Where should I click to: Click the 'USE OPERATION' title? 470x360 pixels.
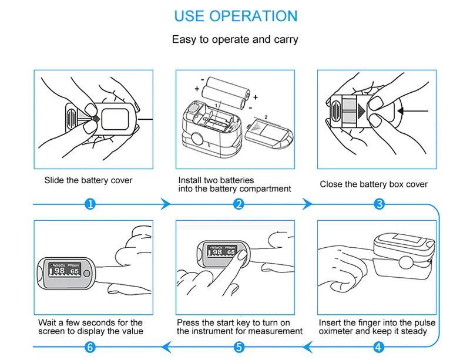coord(235,16)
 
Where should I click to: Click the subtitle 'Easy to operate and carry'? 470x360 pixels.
coord(235,40)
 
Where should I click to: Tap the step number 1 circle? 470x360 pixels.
coord(90,204)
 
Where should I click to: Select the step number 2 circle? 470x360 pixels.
coord(239,204)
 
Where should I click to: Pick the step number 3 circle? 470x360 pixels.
coord(380,204)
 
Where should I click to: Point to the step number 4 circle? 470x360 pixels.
coord(380,347)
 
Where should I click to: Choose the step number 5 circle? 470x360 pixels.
coord(239,347)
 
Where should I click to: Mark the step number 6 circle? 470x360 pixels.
coord(90,347)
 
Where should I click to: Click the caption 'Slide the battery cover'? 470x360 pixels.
coord(89,180)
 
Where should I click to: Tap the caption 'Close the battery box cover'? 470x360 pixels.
coord(374,184)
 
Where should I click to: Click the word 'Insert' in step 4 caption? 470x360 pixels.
coord(330,323)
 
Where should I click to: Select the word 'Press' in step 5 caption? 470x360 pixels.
coord(189,323)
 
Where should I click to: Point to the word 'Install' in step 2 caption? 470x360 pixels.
coord(190,180)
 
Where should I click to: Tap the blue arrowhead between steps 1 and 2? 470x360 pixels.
coord(166,204)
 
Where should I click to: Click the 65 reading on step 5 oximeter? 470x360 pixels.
coord(231,252)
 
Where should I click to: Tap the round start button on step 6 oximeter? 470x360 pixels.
coord(88,273)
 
